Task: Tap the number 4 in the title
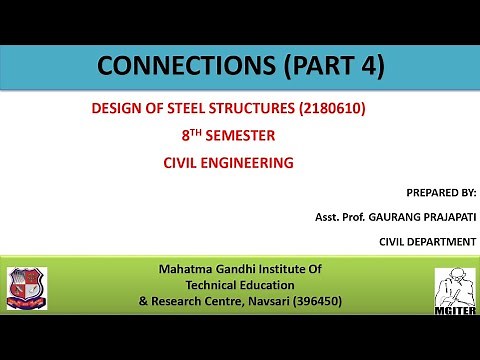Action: tap(366, 67)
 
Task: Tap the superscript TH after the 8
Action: tap(198, 131)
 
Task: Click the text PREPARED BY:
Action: tap(442, 191)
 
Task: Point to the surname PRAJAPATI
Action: tap(437, 216)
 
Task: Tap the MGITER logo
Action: tap(452, 292)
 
